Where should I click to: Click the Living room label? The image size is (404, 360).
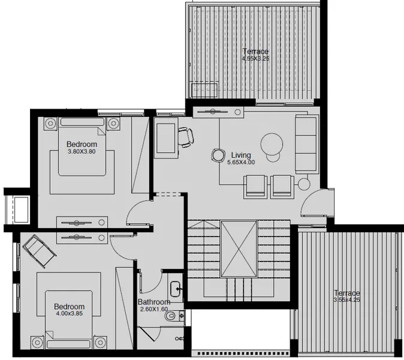[240, 155]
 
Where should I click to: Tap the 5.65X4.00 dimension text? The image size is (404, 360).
[243, 163]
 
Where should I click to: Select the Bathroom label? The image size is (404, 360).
[154, 302]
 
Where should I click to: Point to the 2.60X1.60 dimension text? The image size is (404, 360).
[154, 309]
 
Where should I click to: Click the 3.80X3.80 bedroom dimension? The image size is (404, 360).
[82, 152]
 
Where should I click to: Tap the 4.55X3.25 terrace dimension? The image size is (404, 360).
[255, 59]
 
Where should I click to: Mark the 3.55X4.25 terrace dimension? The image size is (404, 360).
[347, 300]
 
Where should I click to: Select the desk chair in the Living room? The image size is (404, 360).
[186, 137]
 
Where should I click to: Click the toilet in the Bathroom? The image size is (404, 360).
[172, 315]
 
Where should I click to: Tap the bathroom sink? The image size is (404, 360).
[176, 289]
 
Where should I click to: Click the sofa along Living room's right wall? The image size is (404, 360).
[306, 143]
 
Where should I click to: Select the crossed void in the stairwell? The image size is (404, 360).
[239, 248]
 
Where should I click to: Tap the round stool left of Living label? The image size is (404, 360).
[217, 155]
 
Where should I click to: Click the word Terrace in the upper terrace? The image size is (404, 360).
[255, 52]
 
